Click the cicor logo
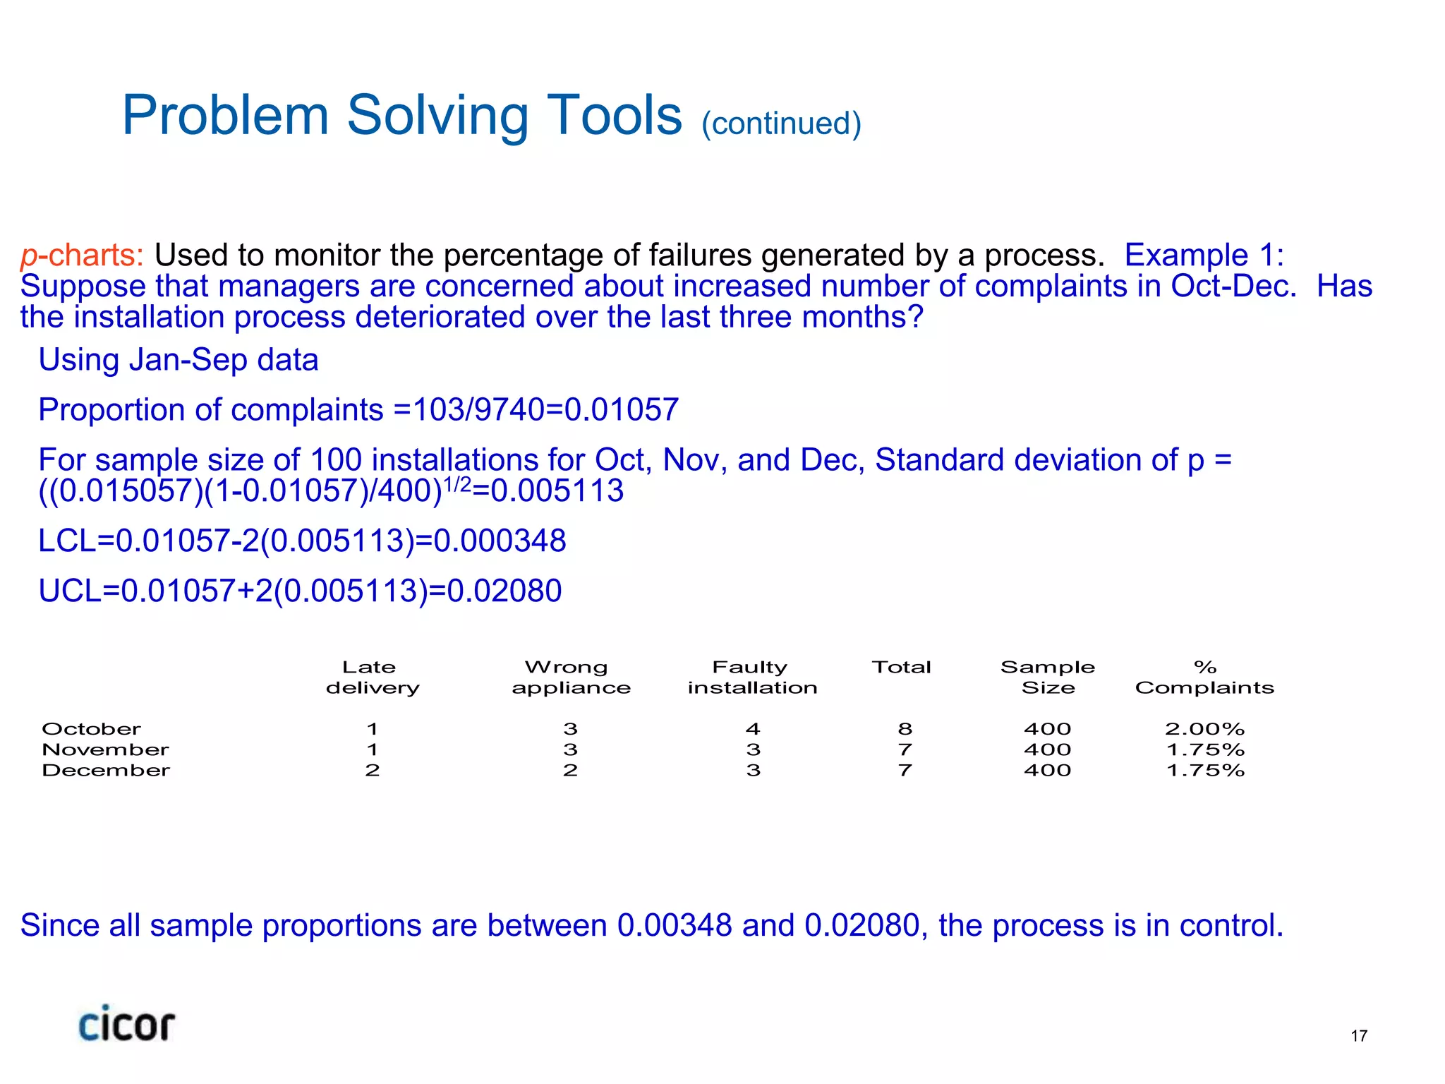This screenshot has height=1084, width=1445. (x=126, y=1024)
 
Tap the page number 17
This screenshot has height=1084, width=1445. (x=1359, y=1036)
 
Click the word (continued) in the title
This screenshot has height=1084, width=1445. (x=781, y=124)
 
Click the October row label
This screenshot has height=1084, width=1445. (x=91, y=729)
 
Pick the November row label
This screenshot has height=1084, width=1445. (x=105, y=749)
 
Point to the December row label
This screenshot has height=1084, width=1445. (x=106, y=770)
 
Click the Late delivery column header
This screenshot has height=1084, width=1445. (x=372, y=677)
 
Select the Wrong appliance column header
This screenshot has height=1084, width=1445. (x=571, y=677)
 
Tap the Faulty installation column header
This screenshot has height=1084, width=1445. (x=752, y=677)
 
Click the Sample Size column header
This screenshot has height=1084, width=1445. (x=1048, y=677)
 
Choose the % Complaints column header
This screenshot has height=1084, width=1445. (x=1204, y=677)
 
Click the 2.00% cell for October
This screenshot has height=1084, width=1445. (x=1204, y=729)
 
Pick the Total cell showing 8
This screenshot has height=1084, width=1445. (x=905, y=729)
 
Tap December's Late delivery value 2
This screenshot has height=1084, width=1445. (x=373, y=770)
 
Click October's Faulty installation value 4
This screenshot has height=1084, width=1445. (x=753, y=729)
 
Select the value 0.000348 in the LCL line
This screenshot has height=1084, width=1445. (x=499, y=541)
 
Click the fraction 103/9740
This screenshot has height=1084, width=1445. (x=478, y=410)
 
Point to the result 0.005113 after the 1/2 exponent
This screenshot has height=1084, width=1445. (x=557, y=491)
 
